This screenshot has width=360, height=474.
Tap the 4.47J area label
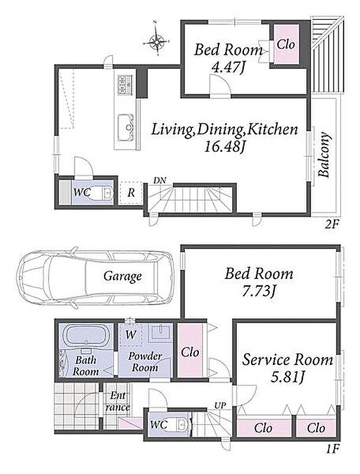tap(228, 67)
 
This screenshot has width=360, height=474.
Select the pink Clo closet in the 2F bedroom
tap(286, 44)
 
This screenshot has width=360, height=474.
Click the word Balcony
tap(324, 154)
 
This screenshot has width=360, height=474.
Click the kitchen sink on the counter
tap(126, 127)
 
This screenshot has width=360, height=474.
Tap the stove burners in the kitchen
tap(126, 84)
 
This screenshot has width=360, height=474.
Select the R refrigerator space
tap(131, 193)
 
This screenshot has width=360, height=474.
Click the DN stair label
tap(160, 181)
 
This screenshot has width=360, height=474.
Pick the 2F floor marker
tap(332, 225)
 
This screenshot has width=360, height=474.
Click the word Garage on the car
tap(123, 276)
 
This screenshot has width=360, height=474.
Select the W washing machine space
tap(130, 335)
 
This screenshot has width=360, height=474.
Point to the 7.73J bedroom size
tap(259, 292)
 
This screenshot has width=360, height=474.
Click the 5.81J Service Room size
tap(287, 377)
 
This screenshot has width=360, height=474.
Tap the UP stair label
tap(220, 405)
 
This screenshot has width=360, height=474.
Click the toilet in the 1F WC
tap(182, 424)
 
